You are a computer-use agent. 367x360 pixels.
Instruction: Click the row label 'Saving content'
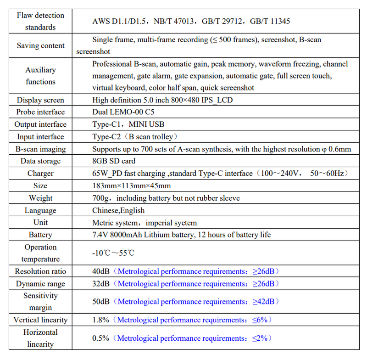(x=40, y=46)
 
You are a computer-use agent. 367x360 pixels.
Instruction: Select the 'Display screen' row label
(x=40, y=100)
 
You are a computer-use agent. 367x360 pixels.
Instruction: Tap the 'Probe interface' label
(x=40, y=112)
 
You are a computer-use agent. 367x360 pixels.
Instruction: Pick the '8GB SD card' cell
(x=114, y=161)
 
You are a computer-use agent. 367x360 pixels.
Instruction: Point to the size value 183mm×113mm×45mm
(x=132, y=186)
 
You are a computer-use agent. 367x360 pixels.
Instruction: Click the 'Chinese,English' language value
(x=118, y=210)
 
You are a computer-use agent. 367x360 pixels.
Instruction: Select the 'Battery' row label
(x=40, y=235)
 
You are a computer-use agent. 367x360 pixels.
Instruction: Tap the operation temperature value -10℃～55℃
(x=113, y=253)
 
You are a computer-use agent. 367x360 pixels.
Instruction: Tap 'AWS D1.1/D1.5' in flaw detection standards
(x=120, y=21)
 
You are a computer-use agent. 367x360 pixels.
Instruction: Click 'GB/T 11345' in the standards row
(x=271, y=21)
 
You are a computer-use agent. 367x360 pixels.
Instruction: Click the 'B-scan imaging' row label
(x=40, y=149)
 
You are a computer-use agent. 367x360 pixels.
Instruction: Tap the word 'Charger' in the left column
(x=40, y=174)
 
